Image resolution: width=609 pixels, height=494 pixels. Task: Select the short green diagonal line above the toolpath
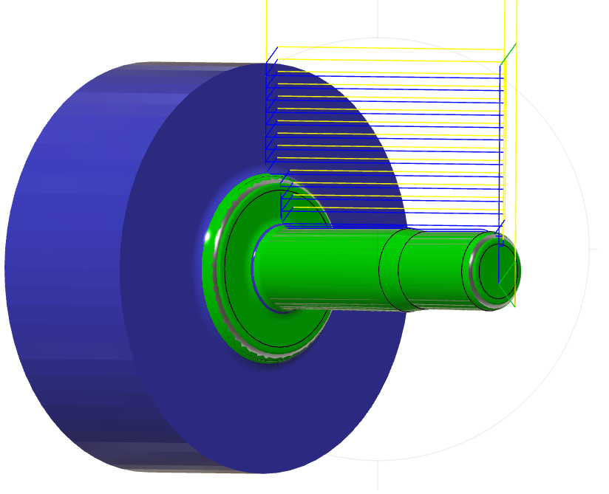tap(508, 54)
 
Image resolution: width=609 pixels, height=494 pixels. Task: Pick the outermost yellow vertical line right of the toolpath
tap(516, 148)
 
